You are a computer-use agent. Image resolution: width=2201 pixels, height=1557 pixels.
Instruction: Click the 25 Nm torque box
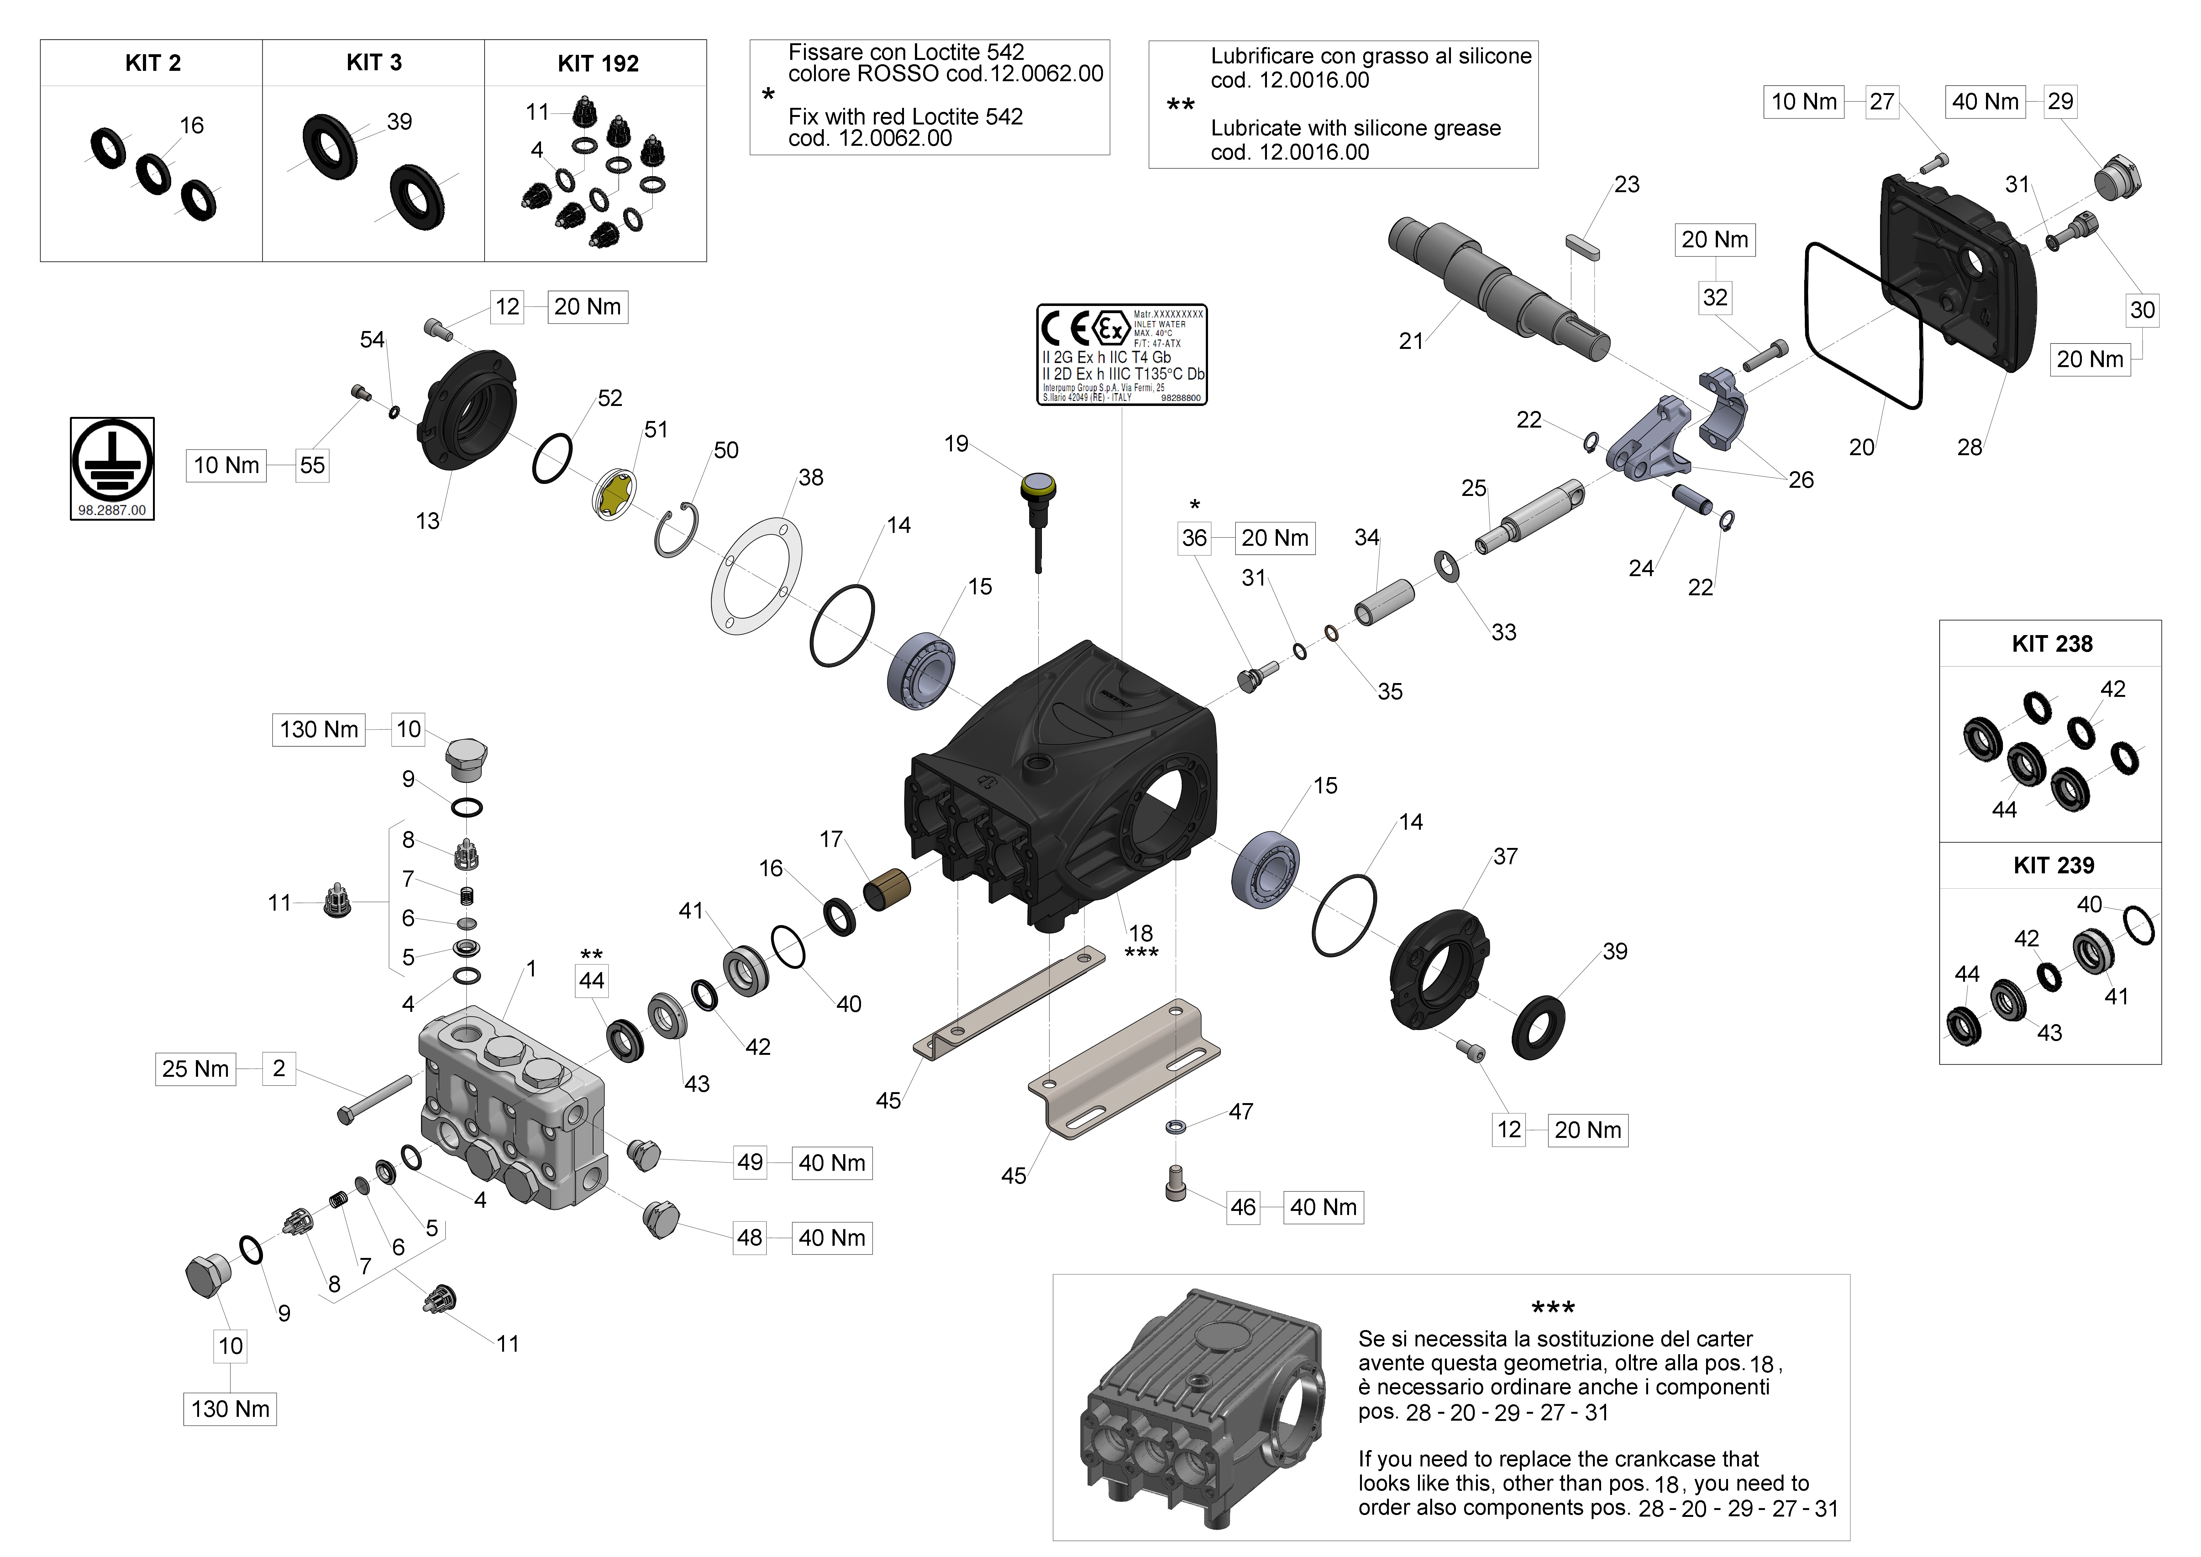[196, 1069]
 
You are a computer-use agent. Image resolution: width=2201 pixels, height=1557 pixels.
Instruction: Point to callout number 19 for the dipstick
[956, 444]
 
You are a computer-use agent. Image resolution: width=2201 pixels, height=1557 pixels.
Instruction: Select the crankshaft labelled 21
[1495, 283]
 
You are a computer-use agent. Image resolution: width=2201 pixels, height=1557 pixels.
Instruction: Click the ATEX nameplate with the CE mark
[1122, 355]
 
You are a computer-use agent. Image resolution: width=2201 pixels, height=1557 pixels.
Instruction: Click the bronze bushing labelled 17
[887, 889]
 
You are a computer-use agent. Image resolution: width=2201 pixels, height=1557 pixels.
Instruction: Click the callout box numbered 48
[750, 1238]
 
